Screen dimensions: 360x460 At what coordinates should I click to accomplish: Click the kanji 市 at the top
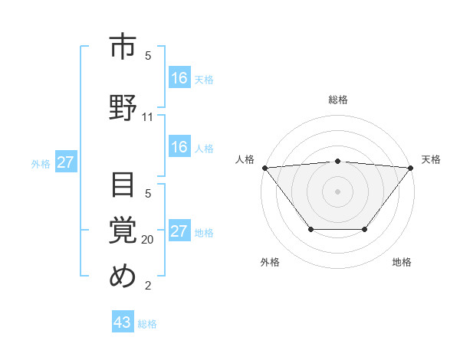(x=123, y=47)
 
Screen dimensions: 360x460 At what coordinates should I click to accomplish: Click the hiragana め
(x=123, y=275)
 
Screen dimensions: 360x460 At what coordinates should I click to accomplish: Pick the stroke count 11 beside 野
(x=148, y=117)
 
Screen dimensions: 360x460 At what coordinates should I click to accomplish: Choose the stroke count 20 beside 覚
(x=148, y=240)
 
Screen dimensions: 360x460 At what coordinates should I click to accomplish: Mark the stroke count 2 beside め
(x=148, y=286)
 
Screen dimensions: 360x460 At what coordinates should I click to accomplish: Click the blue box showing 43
(x=123, y=322)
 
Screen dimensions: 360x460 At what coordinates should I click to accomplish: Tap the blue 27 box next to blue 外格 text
(x=65, y=162)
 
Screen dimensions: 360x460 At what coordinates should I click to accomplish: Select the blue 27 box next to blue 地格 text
(x=179, y=231)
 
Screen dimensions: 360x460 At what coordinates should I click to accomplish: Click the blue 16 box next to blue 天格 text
(x=179, y=78)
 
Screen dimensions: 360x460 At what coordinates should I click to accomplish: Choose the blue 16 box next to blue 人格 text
(x=179, y=147)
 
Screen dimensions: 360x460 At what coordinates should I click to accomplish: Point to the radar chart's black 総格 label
(x=337, y=100)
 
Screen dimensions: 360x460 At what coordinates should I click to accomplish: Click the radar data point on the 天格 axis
(x=411, y=167)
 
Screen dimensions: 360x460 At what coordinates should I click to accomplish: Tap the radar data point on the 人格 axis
(x=264, y=167)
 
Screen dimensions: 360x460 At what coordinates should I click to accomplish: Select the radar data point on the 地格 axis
(x=365, y=229)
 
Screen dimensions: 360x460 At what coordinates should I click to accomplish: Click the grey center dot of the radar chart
(x=337, y=191)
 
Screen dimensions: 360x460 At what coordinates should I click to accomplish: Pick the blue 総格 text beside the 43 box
(x=147, y=324)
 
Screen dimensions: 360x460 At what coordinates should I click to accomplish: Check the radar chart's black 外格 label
(x=270, y=262)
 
